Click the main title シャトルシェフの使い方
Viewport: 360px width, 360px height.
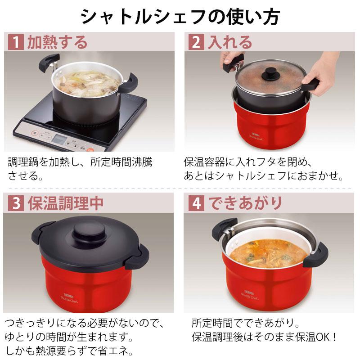(x=180, y=17)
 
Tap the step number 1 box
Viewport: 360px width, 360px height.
(x=16, y=42)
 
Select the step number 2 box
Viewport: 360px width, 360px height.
(x=196, y=42)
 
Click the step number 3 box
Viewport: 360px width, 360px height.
(x=16, y=203)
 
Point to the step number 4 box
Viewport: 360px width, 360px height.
(x=196, y=203)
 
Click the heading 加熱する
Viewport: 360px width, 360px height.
(x=58, y=42)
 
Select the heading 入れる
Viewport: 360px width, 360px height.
(x=229, y=42)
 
